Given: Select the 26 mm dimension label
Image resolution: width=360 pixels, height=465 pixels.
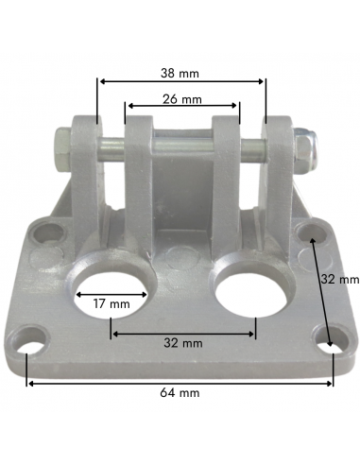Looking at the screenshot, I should point(181,98).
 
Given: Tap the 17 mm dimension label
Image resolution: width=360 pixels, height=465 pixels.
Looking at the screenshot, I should point(111,304).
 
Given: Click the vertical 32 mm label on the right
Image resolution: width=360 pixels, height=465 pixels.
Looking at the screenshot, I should point(339,280).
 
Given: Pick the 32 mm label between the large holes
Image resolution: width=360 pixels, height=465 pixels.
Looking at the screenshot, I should point(182,342).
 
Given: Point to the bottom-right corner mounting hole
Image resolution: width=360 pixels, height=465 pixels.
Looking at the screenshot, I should point(331,342).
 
